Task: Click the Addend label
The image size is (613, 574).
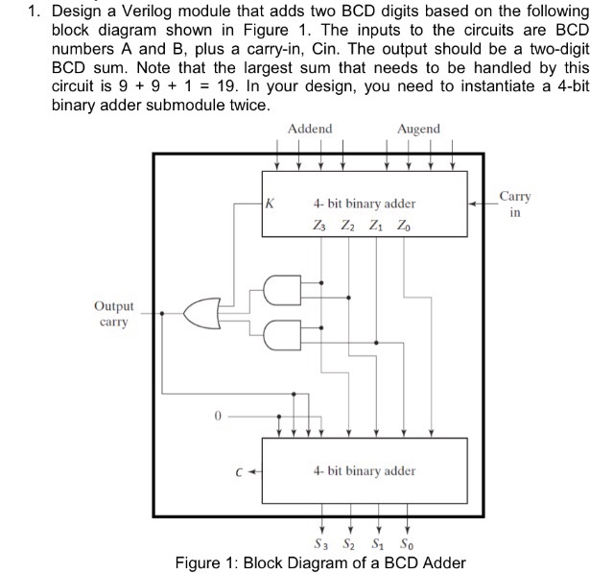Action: tap(309, 129)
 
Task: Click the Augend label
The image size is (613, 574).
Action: tap(418, 129)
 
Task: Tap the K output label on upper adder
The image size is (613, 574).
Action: tap(271, 203)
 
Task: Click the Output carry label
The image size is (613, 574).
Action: tap(114, 314)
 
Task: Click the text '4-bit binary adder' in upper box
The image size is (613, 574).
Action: tap(365, 203)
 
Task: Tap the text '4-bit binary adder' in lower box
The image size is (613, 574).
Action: tap(365, 470)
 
